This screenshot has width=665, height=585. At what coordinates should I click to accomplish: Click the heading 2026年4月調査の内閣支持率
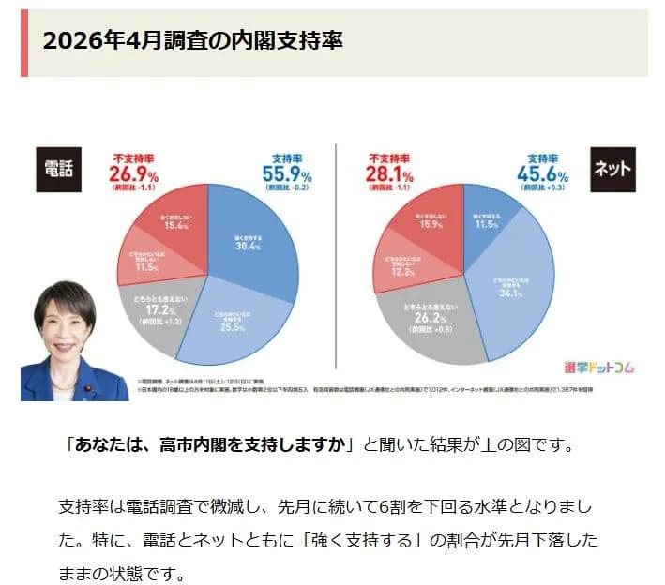click(193, 43)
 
